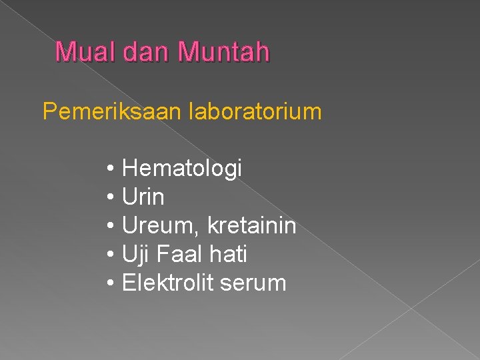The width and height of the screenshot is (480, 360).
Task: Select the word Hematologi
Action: [x=182, y=169]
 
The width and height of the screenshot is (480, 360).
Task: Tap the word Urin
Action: [x=143, y=197]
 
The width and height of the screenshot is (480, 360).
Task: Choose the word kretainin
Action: [x=251, y=226]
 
